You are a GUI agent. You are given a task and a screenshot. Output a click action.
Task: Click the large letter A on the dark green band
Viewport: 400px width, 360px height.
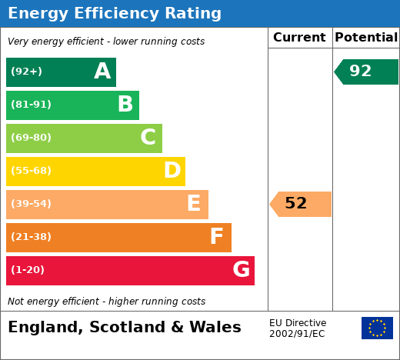coord(102,71)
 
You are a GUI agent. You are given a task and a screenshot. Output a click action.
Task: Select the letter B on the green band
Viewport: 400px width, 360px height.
coord(125,104)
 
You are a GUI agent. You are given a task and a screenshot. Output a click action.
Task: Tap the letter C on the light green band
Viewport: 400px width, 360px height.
coord(148,137)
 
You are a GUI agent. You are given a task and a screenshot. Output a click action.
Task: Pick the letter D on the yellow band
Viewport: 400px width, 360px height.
coord(172,170)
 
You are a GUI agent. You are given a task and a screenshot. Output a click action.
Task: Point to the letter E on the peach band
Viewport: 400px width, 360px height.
coord(194,203)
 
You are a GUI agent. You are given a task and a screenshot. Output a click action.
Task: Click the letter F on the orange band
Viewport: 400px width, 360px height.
coord(217,236)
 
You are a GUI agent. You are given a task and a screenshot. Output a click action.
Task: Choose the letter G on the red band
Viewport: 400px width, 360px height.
coord(242,269)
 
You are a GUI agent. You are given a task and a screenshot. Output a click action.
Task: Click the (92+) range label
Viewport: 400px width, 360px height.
coord(26,71)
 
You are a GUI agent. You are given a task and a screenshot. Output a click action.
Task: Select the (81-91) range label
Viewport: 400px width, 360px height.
coord(31,104)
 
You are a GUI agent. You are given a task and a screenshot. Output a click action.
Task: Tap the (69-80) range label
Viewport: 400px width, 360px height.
coord(31,137)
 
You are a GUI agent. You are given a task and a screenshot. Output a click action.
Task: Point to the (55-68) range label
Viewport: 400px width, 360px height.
coord(31,170)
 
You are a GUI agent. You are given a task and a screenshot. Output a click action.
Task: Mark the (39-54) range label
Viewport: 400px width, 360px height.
coord(31,203)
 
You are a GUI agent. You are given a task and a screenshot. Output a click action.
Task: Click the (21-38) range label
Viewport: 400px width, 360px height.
coord(31,236)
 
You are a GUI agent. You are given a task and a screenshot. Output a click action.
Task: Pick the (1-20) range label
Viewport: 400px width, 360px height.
coord(28,269)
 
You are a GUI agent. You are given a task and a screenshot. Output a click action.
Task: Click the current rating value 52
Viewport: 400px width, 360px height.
coord(296,203)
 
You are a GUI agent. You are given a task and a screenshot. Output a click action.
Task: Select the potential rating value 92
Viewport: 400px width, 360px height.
coord(361,71)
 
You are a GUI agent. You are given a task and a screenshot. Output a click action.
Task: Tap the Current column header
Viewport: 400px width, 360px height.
coord(299,38)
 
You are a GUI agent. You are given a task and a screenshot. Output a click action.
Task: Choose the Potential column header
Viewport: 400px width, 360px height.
coord(366,38)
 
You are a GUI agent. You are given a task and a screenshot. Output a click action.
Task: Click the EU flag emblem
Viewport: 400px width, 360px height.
coord(377,328)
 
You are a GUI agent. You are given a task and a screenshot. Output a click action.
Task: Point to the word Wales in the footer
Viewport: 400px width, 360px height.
coord(215,327)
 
